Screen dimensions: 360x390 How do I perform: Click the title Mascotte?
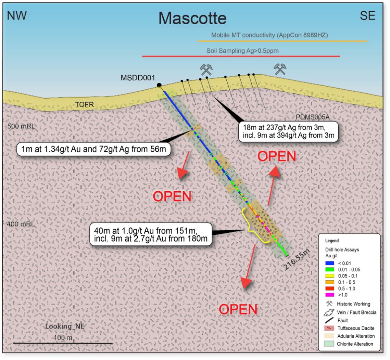(x=192, y=18)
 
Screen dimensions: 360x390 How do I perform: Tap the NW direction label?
(x=17, y=15)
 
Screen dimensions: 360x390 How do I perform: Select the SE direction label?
(x=368, y=16)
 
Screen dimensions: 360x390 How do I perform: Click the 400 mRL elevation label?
(x=21, y=225)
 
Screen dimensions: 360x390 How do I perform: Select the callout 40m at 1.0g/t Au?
(x=150, y=234)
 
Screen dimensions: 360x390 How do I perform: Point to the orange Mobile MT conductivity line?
(x=282, y=41)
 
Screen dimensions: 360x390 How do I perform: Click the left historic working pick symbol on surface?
(x=206, y=69)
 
